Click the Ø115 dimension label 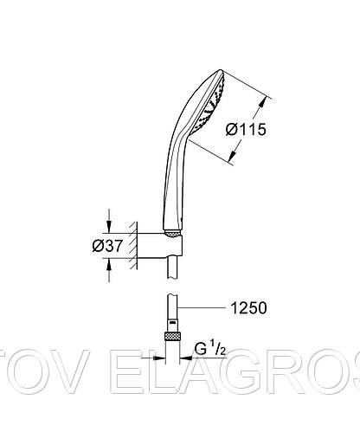pos(246,129)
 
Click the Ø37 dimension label pos(107,246)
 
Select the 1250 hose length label pos(248,308)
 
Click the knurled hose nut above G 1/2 pos(172,336)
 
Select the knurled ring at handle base pos(172,234)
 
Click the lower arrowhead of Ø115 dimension pos(232,156)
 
